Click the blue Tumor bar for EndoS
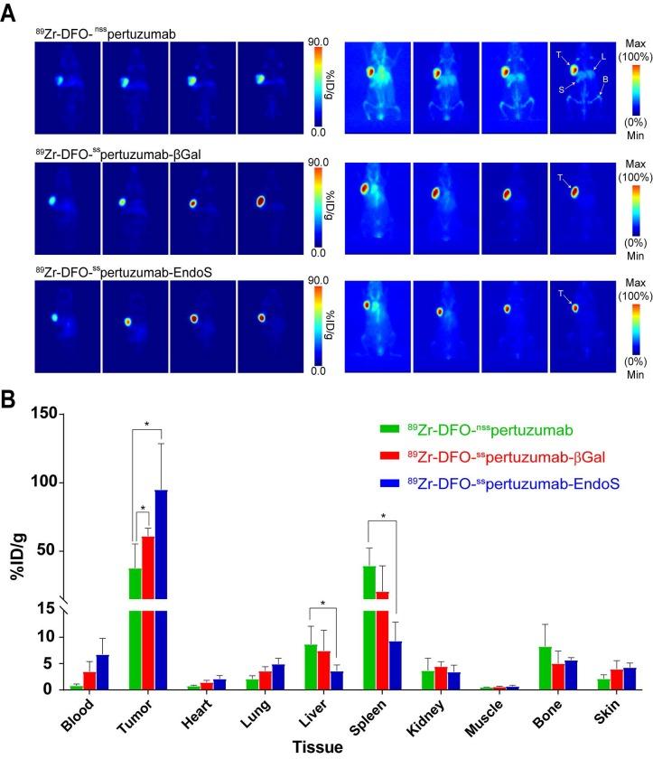pyautogui.click(x=162, y=578)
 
